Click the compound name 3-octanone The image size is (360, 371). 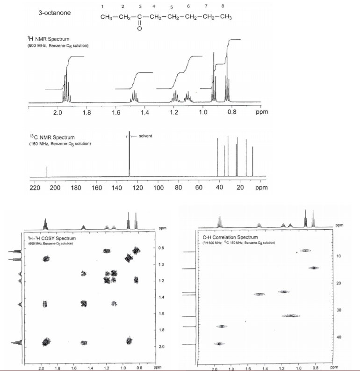(55, 13)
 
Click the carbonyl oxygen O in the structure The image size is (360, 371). (139, 29)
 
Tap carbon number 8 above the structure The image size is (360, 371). (223, 6)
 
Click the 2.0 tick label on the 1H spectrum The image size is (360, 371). (58, 113)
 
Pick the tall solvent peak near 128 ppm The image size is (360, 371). (130, 154)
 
